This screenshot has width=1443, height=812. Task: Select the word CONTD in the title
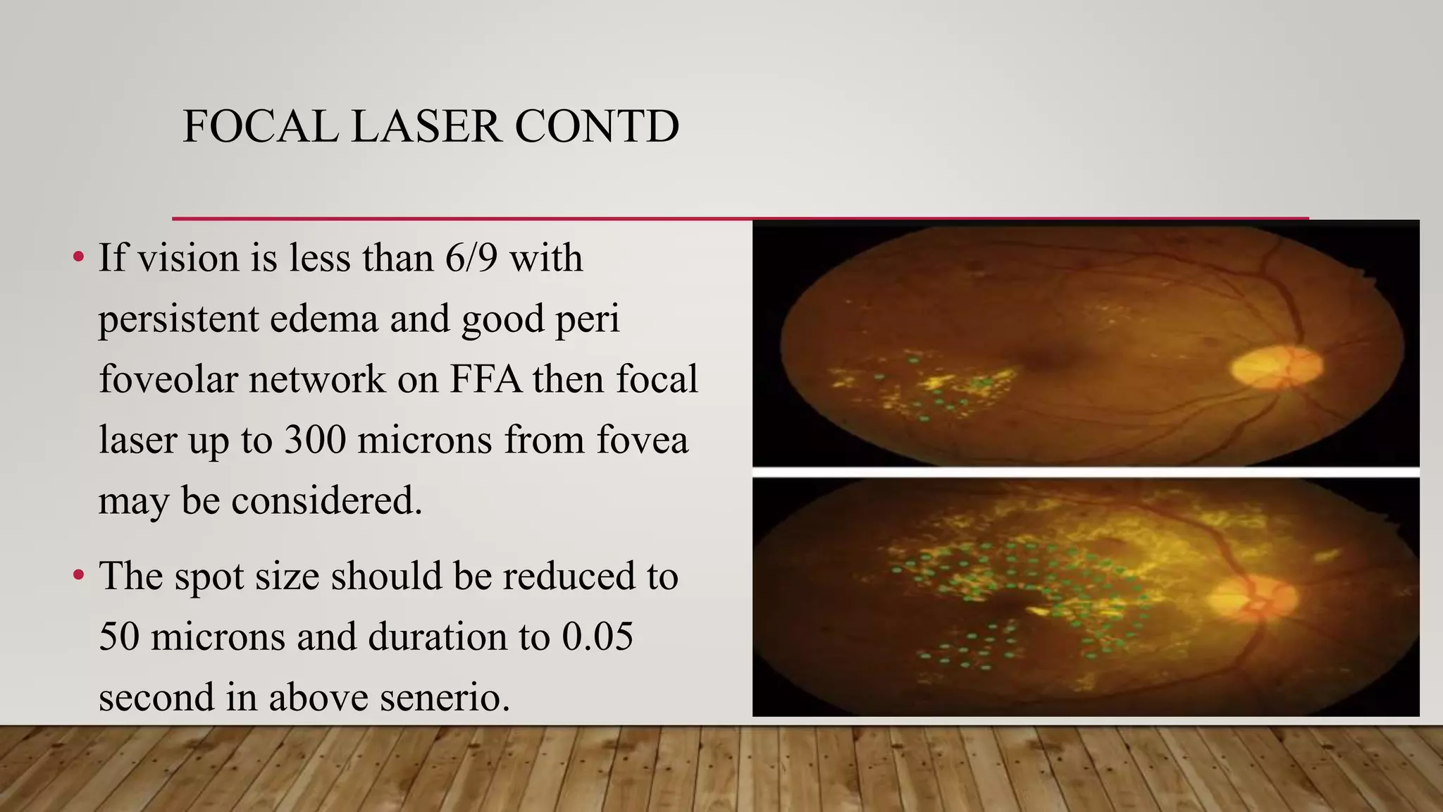click(x=597, y=127)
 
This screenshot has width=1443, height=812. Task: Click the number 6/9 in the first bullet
click(x=471, y=258)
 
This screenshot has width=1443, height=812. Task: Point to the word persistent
click(x=179, y=319)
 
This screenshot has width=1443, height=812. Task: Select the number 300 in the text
click(x=315, y=441)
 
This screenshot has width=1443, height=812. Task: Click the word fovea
click(x=642, y=441)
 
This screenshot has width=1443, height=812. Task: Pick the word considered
click(x=326, y=501)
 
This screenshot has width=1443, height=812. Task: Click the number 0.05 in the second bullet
click(x=597, y=636)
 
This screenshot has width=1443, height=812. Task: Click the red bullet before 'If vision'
click(x=78, y=257)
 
